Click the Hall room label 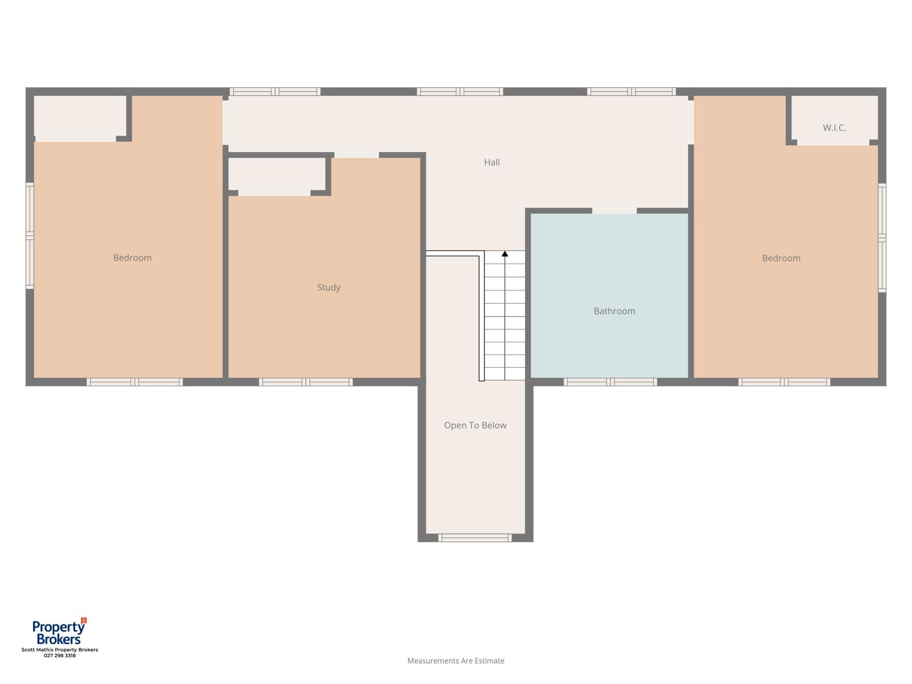491,162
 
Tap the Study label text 329,287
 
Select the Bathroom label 614,311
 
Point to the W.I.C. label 834,128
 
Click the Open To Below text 475,425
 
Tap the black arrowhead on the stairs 504,253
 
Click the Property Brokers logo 59,631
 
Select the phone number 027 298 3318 59,655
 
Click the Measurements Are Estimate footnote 455,661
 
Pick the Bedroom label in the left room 132,258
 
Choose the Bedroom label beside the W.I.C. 781,258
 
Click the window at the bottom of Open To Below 475,538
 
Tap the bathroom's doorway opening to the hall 614,211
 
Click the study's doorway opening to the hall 356,155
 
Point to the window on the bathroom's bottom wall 610,382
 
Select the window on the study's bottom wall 306,382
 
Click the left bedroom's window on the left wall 30,235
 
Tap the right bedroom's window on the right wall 882,238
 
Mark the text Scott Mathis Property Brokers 60,650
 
